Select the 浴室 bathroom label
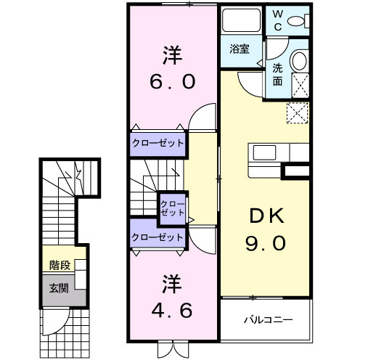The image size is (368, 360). tap(240, 50)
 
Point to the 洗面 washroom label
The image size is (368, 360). tap(278, 75)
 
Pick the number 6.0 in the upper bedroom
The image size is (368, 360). tap(172, 81)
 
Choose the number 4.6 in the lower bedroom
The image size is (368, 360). tap(172, 311)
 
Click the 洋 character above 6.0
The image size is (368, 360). tap(172, 54)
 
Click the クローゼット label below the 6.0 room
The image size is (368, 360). tap(158, 142)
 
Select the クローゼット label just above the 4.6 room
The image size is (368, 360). tap(158, 237)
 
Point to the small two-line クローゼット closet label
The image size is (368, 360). tap(172, 208)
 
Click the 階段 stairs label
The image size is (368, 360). tap(60, 265)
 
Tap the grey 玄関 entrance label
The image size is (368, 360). tap(60, 288)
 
